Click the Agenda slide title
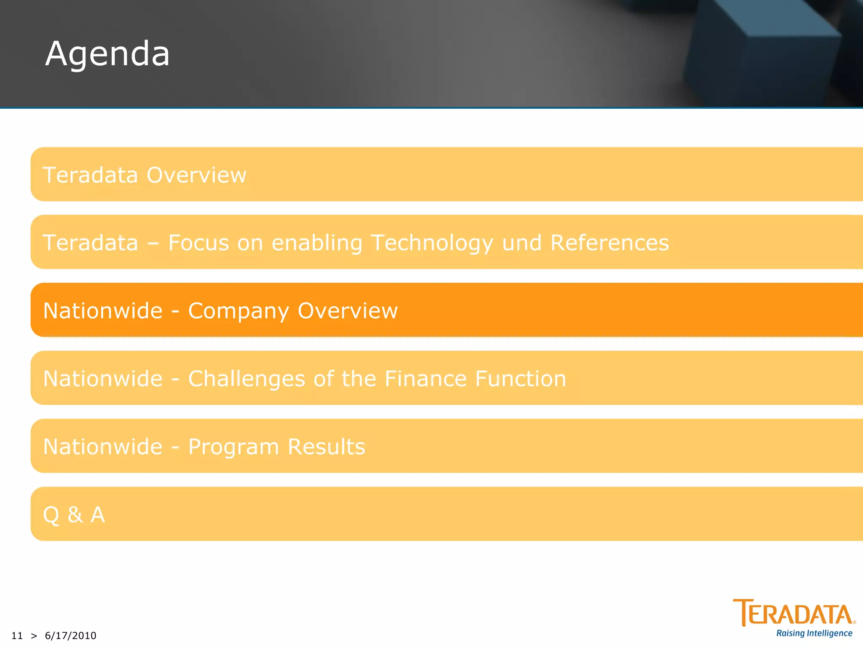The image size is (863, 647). [107, 54]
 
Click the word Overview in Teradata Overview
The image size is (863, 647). [196, 175]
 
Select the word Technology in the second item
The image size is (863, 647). [432, 243]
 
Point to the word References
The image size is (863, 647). [609, 243]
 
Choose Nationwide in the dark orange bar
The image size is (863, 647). [103, 311]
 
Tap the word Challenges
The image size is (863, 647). [247, 379]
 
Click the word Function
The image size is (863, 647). [521, 379]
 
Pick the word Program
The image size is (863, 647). [233, 447]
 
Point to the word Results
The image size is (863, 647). [326, 446]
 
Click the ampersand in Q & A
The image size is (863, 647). [75, 514]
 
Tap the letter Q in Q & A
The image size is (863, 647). [51, 515]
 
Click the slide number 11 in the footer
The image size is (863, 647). [17, 636]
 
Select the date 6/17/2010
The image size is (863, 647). [70, 636]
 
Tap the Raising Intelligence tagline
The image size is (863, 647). [814, 634]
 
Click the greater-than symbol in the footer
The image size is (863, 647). [34, 636]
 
